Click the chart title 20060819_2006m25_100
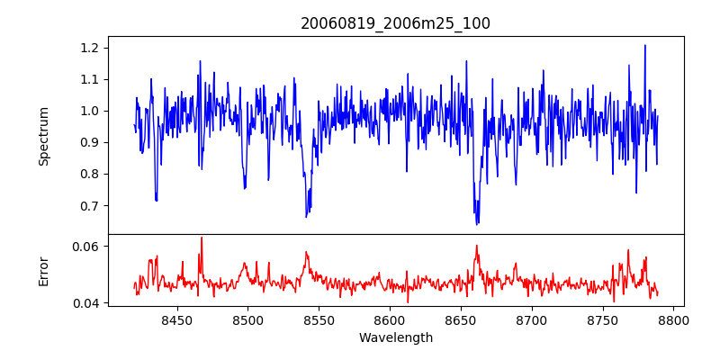point(395,23)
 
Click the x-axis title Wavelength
point(395,337)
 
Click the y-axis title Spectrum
point(44,136)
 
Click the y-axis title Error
point(44,271)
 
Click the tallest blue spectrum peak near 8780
point(645,45)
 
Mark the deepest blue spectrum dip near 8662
point(477,223)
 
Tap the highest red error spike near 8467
point(201,238)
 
